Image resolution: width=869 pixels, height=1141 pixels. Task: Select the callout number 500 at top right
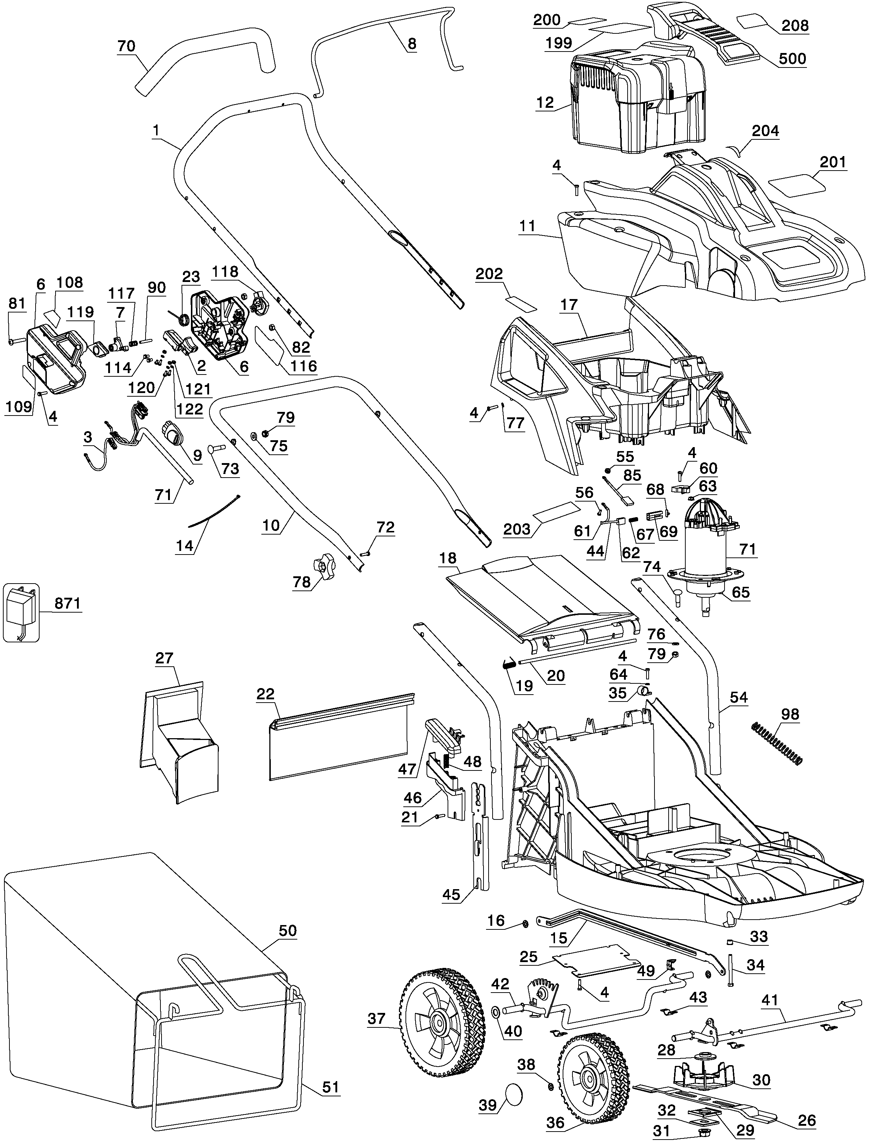(x=792, y=58)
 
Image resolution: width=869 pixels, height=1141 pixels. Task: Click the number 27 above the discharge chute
(x=164, y=658)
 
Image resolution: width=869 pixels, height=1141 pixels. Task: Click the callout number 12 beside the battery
(x=545, y=102)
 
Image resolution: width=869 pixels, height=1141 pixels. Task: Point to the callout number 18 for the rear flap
(x=448, y=558)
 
